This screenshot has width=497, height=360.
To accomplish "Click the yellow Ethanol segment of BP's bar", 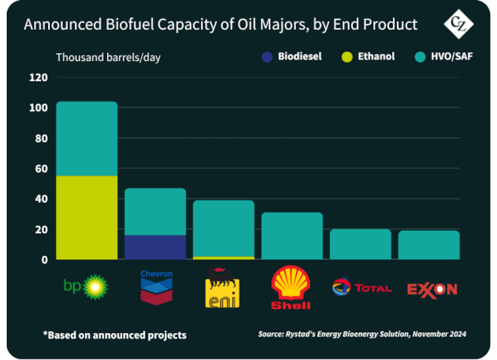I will point(87,217).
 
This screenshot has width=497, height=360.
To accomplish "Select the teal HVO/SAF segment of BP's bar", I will point(87,138).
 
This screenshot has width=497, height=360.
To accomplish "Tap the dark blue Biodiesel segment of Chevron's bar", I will point(155,247).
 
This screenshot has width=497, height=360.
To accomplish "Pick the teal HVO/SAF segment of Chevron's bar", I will point(155,211).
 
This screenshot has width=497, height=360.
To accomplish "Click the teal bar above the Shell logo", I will point(292,236).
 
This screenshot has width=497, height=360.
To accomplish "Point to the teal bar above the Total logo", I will point(360,244).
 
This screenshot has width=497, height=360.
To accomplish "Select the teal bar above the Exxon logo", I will point(428,245).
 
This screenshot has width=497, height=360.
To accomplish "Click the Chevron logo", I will point(156,286).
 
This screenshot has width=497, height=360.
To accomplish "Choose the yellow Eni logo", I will point(222,288).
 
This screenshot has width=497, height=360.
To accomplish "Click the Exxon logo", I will point(431,288).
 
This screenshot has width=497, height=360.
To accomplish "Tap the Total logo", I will point(361,286).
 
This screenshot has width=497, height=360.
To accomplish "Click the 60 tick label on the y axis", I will point(40,168).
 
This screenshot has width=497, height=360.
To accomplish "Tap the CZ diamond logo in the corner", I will point(458,26).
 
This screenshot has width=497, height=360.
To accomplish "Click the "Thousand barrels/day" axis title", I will point(108,57).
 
